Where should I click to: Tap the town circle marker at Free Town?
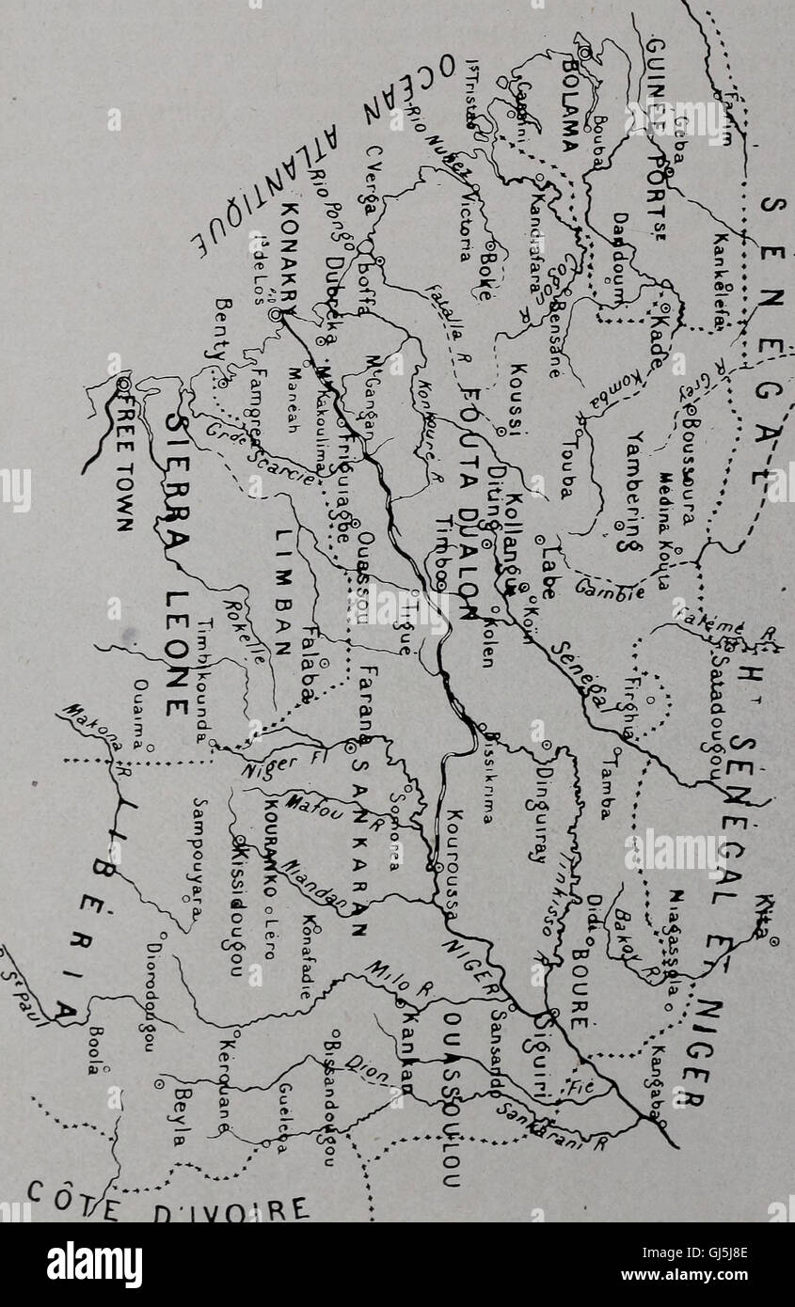(123, 384)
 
